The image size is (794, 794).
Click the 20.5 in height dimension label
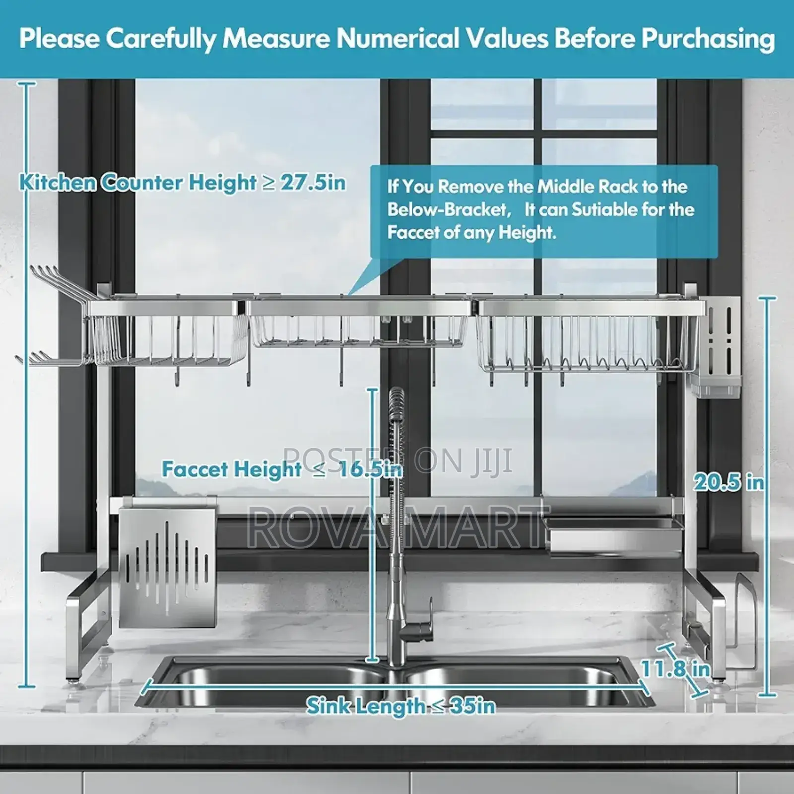pyautogui.click(x=728, y=482)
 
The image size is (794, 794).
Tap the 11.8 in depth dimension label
pyautogui.click(x=675, y=668)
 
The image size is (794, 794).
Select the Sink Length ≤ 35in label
pyautogui.click(x=400, y=706)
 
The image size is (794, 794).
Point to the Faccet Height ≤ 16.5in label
pyautogui.click(x=282, y=469)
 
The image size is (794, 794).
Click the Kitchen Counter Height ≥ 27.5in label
pyautogui.click(x=182, y=183)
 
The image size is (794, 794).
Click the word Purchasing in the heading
pyautogui.click(x=708, y=39)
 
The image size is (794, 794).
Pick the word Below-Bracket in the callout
pyautogui.click(x=450, y=209)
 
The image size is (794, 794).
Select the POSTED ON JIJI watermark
pyautogui.click(x=397, y=460)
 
